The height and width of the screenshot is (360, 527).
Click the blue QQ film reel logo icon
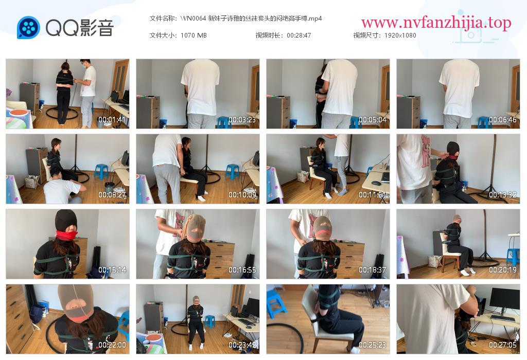tap(28, 27)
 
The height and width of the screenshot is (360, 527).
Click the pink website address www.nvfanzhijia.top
tap(436, 23)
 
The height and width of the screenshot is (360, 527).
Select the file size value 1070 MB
tap(194, 35)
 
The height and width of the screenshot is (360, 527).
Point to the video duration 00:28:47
tap(299, 35)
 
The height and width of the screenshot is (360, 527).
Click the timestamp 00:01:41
tap(112, 119)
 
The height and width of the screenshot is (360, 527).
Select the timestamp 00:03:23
tap(242, 119)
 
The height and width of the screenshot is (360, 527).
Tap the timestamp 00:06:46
tap(502, 119)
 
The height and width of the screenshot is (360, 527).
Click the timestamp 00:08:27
tap(112, 195)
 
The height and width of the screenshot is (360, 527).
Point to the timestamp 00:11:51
tap(373, 195)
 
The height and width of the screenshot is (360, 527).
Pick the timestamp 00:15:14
tap(112, 270)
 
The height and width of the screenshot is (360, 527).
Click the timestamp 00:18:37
tap(373, 270)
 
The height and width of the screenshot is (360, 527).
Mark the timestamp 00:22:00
tap(112, 345)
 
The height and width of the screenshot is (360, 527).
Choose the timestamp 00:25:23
tap(373, 345)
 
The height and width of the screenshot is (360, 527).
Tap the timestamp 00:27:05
tap(502, 345)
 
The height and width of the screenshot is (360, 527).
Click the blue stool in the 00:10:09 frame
tap(232, 171)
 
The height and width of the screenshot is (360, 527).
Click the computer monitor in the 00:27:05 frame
tap(504, 299)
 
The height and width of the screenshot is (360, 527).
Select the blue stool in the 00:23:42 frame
tap(210, 321)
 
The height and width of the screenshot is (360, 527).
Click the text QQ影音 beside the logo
tap(80, 28)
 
